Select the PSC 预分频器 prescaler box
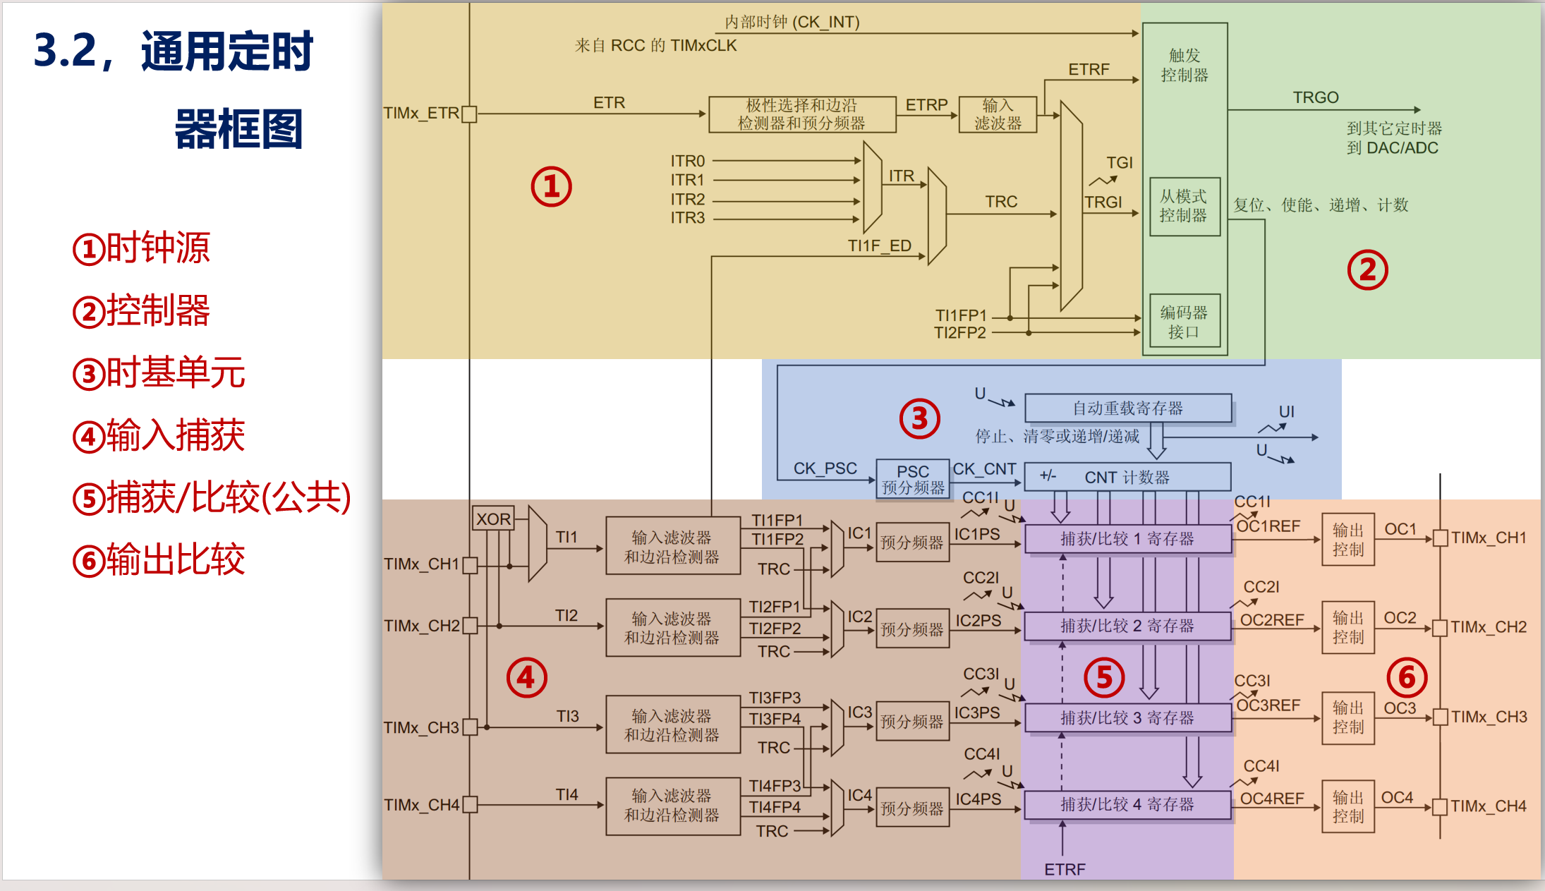[912, 479]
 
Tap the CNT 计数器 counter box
[1127, 477]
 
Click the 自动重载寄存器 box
[1128, 408]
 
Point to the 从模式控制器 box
[1184, 206]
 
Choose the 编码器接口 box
[1184, 321]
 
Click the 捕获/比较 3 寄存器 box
[1127, 717]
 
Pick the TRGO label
[1316, 97]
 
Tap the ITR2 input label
[688, 199]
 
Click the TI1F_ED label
[880, 246]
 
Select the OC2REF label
[1272, 620]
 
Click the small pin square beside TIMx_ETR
[469, 114]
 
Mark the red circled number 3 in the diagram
[919, 418]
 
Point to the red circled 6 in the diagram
[1407, 677]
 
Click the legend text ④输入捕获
[159, 435]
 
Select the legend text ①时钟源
[141, 248]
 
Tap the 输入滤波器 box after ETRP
[998, 114]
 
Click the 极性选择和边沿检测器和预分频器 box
[802, 114]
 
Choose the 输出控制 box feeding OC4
[1348, 806]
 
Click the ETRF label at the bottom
[1065, 869]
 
